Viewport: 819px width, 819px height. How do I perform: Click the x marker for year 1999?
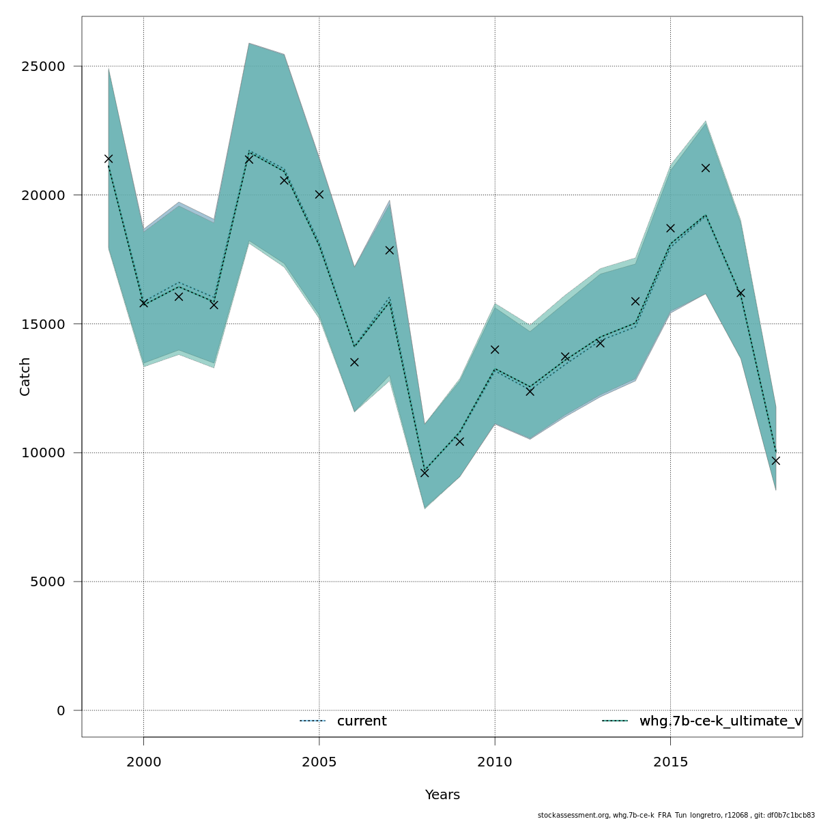109,159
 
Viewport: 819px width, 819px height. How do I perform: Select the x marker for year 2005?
319,195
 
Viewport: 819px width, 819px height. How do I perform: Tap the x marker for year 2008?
425,473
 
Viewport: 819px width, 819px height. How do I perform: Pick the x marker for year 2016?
706,168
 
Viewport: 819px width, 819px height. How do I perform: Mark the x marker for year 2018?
776,461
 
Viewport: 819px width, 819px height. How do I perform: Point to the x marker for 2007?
390,250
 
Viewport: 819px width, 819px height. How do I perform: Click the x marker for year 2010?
495,349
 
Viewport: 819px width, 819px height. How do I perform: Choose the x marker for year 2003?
249,159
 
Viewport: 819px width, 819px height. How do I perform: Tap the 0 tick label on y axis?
61,710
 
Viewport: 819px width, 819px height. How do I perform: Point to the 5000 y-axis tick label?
50,582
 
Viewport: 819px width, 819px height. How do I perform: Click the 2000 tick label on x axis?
144,762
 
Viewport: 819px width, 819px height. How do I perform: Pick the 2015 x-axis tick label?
670,762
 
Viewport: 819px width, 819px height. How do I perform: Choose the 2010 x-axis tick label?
495,762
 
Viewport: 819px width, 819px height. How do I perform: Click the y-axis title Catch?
25,376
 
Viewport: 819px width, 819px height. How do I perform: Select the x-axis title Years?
442,795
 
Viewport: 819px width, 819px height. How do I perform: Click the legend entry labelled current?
362,721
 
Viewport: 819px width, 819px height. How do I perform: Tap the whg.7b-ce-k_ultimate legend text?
720,721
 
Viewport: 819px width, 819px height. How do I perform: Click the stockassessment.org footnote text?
676,815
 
